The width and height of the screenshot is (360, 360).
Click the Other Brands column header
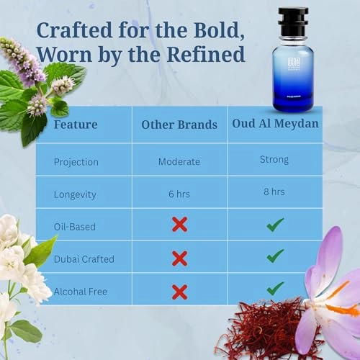point(179,125)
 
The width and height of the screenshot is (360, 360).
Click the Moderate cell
point(179,161)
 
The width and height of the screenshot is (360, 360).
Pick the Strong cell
point(274,160)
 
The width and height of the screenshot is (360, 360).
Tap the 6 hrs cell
point(179,194)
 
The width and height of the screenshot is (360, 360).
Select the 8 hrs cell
point(274,192)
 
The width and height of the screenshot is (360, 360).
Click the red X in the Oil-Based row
point(179,225)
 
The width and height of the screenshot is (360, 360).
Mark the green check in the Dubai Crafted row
point(274,256)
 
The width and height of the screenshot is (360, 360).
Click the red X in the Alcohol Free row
point(179,292)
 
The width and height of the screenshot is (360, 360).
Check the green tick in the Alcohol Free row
point(274,288)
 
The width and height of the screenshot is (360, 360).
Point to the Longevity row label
point(75,194)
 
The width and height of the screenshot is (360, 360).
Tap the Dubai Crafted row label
point(84,258)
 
